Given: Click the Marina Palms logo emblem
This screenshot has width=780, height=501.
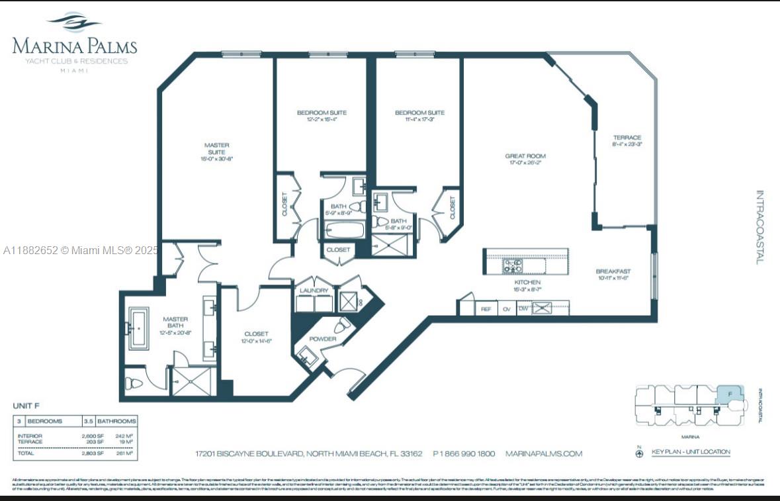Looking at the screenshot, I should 74,23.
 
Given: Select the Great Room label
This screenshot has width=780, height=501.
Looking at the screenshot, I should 527,156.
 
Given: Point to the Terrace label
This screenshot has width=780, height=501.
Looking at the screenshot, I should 627,138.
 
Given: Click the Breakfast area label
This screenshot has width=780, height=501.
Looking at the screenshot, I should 613,271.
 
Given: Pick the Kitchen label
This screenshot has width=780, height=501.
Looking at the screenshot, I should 527,283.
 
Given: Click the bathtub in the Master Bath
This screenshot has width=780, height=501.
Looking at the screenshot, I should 139,328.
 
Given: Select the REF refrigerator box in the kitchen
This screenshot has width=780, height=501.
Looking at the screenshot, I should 486,308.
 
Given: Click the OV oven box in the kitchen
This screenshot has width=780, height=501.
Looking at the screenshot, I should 507,308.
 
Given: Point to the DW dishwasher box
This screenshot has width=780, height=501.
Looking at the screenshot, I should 523,308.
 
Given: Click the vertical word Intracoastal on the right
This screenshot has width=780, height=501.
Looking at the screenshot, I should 759,228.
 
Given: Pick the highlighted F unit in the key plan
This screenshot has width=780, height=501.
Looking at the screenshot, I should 730,394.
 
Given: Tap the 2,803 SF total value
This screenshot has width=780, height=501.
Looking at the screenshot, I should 93,453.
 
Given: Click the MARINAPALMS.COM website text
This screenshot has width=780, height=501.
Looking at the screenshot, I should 543,453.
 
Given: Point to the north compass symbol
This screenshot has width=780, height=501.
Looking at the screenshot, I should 639,454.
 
